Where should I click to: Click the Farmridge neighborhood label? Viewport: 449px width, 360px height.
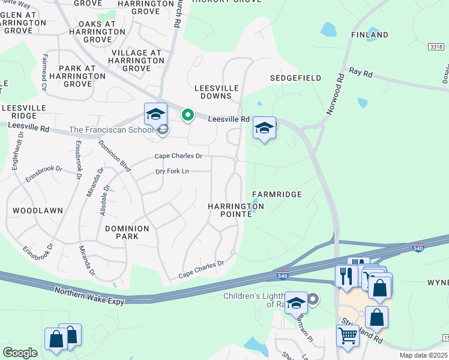coord(276,194)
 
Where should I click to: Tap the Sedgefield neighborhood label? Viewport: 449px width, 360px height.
coord(295,78)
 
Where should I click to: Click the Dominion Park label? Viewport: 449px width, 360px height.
coord(127,232)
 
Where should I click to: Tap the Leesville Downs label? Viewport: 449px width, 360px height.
coord(216,92)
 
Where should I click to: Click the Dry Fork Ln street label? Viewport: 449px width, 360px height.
coord(172,172)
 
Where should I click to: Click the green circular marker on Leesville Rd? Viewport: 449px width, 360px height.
coord(188,115)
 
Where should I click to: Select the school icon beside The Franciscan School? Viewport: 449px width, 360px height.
coord(155,114)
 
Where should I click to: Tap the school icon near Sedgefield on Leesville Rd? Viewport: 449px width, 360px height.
coord(264,127)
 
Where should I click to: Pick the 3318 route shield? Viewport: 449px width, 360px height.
coord(437,46)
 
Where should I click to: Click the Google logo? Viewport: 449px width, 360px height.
coord(20,353)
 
